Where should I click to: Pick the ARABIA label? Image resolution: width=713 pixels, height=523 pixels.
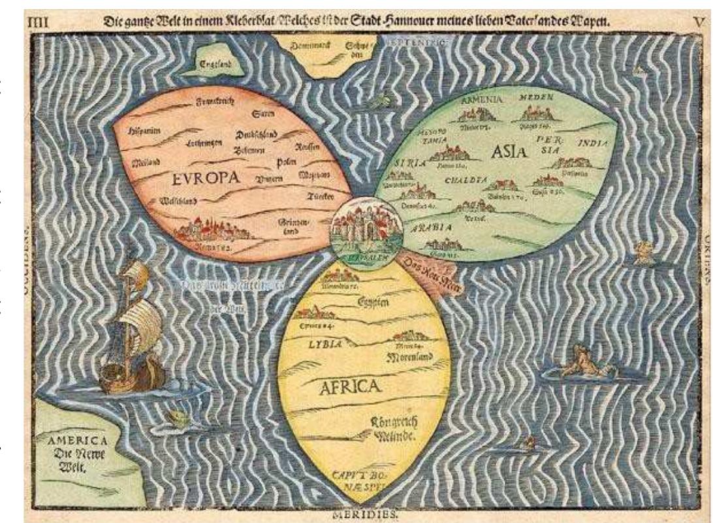432,228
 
